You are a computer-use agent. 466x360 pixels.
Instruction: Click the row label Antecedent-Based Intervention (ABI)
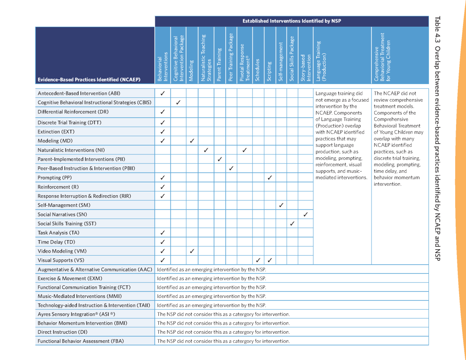click(x=79, y=93)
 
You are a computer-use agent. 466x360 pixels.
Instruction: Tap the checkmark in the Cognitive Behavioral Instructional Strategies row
click(x=178, y=102)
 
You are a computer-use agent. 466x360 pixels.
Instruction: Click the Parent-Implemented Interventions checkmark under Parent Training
click(x=220, y=159)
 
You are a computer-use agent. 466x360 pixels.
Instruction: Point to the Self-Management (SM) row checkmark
click(x=281, y=205)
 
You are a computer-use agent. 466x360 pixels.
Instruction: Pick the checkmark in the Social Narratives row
click(x=305, y=214)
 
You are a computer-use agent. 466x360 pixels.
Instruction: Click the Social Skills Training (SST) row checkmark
click(x=293, y=223)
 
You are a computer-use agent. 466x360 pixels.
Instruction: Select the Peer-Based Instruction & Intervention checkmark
click(x=231, y=168)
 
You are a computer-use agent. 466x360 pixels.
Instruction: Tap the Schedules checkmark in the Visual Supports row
click(x=258, y=260)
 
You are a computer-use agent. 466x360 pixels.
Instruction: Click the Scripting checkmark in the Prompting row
click(x=270, y=177)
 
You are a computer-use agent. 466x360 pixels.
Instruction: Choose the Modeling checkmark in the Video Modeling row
click(x=192, y=251)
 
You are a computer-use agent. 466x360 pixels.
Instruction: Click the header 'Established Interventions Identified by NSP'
click(x=292, y=21)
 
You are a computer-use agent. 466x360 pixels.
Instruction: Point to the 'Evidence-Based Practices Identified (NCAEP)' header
click(x=89, y=80)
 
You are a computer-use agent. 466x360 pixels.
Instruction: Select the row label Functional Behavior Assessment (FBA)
click(x=81, y=341)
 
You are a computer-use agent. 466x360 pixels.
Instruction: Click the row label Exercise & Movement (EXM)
click(x=70, y=278)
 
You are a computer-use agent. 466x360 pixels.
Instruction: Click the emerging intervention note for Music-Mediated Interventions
click(x=211, y=296)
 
